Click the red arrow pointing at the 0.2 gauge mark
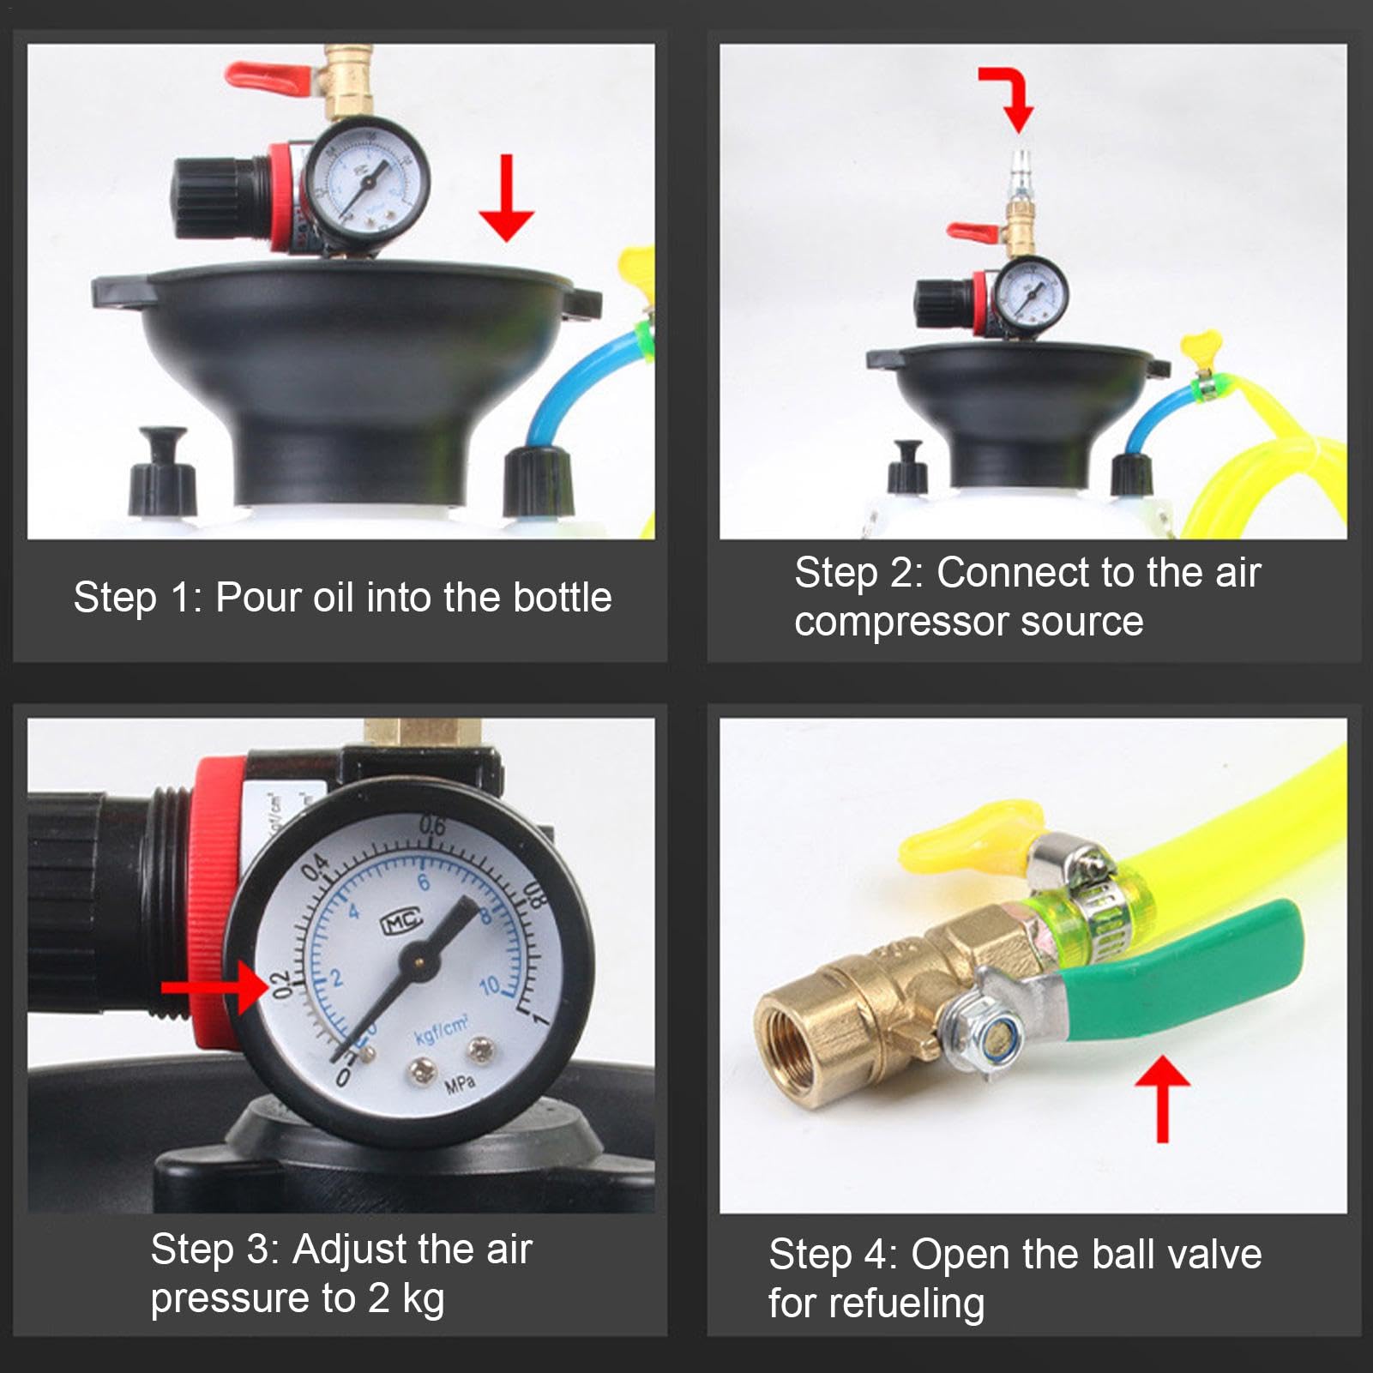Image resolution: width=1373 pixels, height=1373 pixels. point(214,987)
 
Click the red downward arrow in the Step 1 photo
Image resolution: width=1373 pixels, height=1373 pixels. point(506,197)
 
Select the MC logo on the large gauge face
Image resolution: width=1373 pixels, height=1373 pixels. point(401,921)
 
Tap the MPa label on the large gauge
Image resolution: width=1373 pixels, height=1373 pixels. point(460,1085)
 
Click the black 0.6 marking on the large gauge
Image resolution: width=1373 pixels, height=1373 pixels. point(433,827)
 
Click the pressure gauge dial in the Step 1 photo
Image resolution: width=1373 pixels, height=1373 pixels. point(367,183)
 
